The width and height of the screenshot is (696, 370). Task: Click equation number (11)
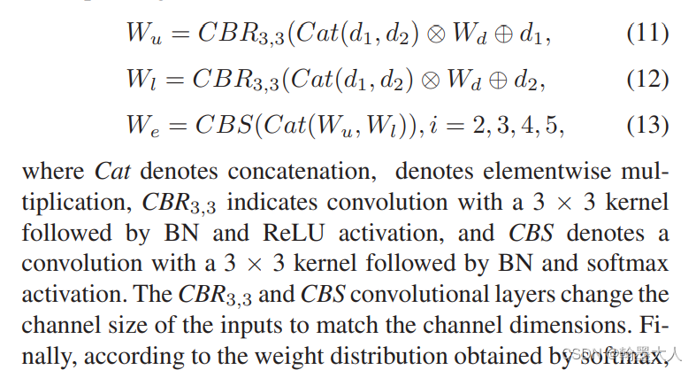coord(647,35)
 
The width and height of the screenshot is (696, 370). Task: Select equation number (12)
coord(647,81)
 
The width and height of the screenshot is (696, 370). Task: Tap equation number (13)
coord(647,126)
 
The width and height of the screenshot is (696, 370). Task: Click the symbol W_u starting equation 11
coord(142,35)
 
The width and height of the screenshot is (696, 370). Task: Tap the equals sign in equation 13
coord(180,126)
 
